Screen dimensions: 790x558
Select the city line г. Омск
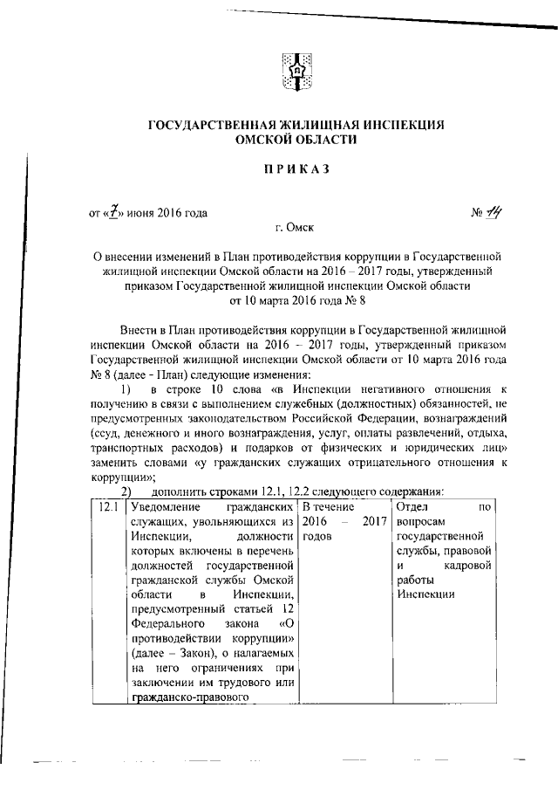[x=291, y=229]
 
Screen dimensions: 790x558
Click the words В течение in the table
[x=326, y=507]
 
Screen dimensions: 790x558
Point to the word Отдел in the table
[x=412, y=507]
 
